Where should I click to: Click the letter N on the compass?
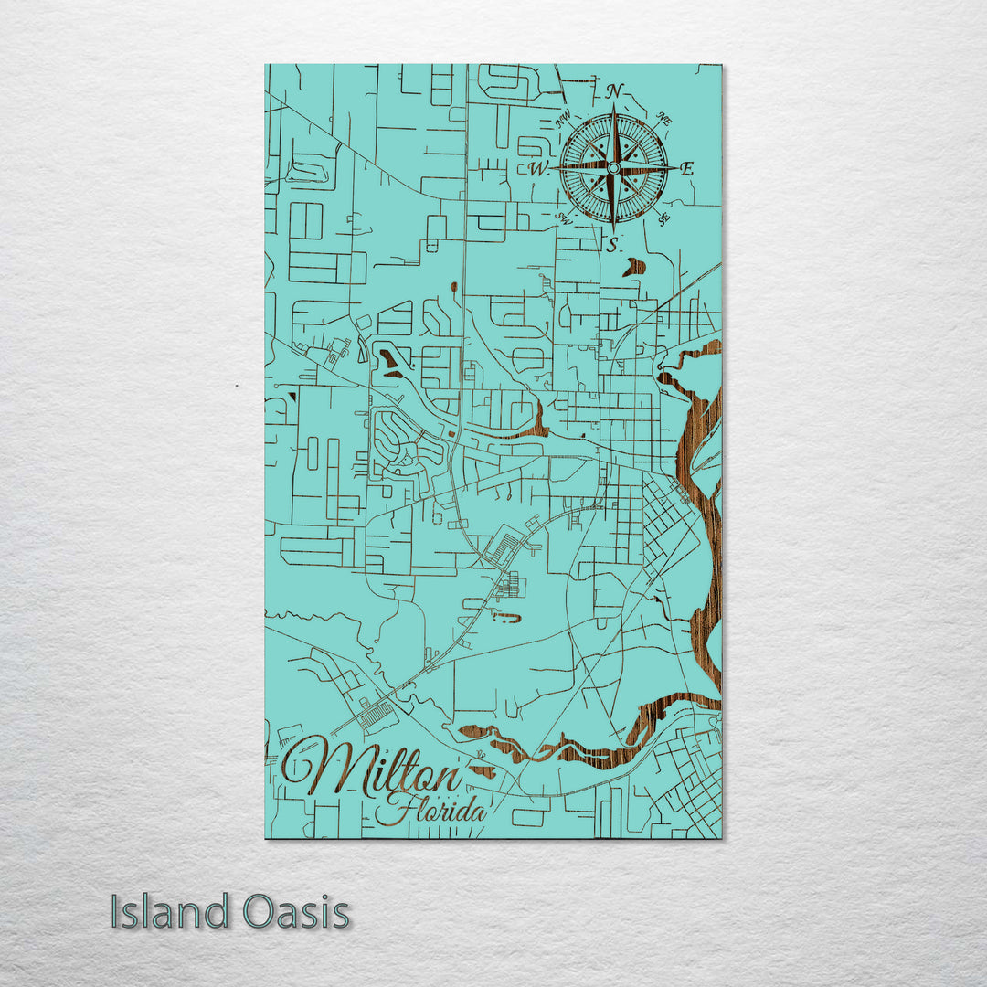(x=614, y=90)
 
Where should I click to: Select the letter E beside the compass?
(x=687, y=168)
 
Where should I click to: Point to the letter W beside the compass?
(x=537, y=168)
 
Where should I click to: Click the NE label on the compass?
(x=665, y=119)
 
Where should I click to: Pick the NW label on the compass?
(x=564, y=118)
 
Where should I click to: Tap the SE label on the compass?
(x=664, y=218)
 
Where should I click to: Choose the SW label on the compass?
(x=564, y=218)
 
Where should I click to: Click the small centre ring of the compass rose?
(x=613, y=168)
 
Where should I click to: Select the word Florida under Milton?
(x=436, y=810)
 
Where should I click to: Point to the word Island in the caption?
(x=170, y=912)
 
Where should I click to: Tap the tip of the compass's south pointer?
(x=613, y=230)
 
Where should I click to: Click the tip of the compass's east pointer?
(x=677, y=168)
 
